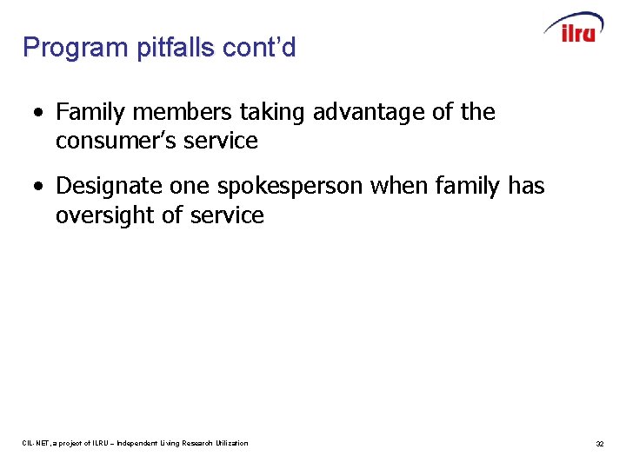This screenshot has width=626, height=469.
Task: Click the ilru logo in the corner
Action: click(575, 29)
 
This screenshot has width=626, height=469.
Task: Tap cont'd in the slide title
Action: click(259, 48)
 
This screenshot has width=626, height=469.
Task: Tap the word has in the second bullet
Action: click(525, 186)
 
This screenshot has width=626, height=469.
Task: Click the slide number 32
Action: click(599, 444)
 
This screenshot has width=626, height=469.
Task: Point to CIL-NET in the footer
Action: click(35, 444)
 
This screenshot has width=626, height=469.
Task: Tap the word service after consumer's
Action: click(223, 141)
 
